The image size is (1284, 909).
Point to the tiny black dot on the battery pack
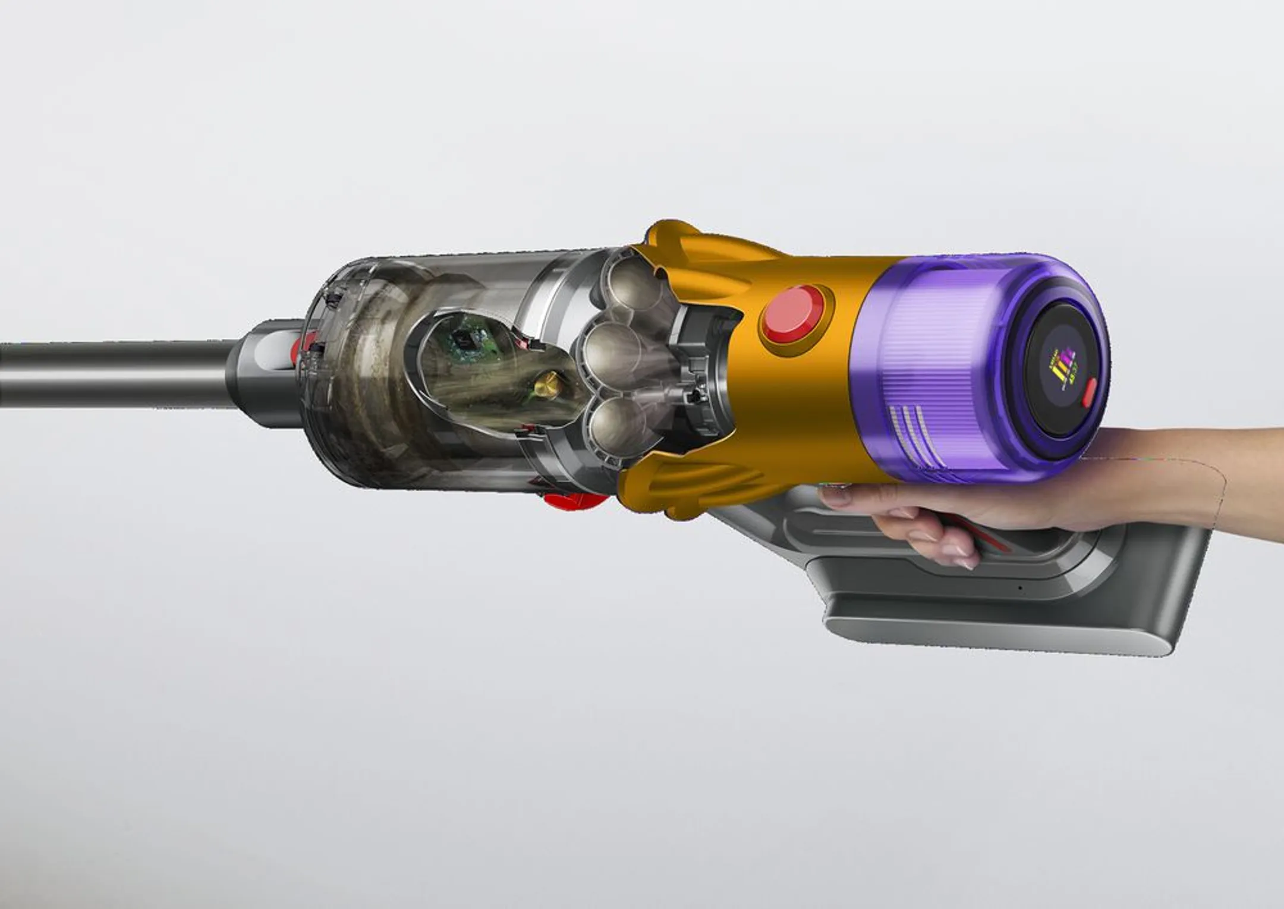[x=1019, y=587]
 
